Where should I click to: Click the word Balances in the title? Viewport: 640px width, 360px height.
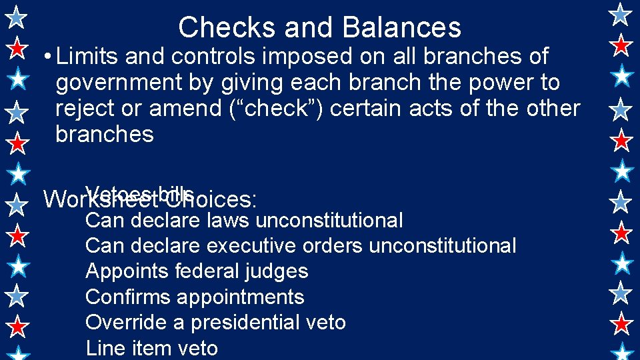tap(401, 27)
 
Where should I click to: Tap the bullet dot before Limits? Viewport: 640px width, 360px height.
tap(45, 57)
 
